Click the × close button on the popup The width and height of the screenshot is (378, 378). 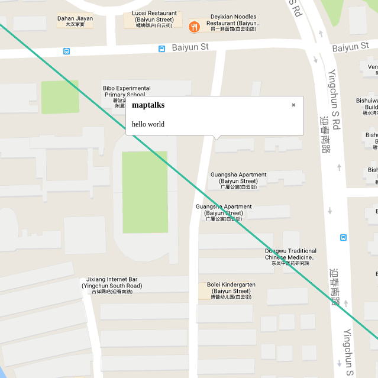click(x=293, y=105)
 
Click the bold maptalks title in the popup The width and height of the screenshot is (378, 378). click(x=148, y=105)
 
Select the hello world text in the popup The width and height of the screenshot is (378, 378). click(x=148, y=124)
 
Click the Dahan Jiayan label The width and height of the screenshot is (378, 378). click(x=75, y=21)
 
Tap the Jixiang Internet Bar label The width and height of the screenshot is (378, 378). click(x=112, y=285)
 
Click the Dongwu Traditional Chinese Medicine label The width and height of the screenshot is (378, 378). click(x=290, y=257)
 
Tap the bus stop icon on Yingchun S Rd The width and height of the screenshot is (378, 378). click(x=343, y=238)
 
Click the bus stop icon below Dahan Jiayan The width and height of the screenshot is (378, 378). click(x=66, y=51)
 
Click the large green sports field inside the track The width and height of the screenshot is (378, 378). click(x=145, y=192)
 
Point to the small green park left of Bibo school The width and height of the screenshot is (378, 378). click(x=59, y=97)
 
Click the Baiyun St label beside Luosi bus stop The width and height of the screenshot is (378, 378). click(x=190, y=46)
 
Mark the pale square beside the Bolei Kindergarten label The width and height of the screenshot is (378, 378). click(x=203, y=290)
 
